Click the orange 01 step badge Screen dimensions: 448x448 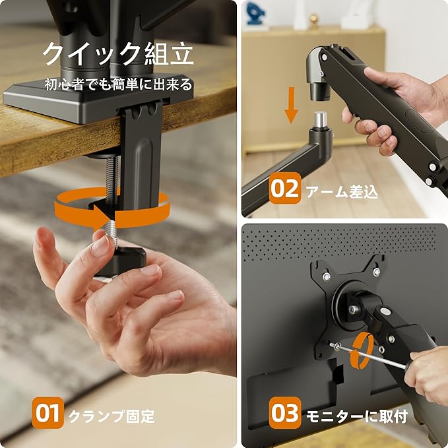[x=48, y=412]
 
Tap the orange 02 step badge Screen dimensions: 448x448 [x=285, y=188]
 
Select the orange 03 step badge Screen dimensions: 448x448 [x=285, y=412]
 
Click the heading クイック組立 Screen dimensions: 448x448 [x=118, y=53]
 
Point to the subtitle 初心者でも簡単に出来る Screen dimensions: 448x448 [x=118, y=84]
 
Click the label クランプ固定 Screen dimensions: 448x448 [x=112, y=416]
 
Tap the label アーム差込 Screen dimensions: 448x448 [x=342, y=191]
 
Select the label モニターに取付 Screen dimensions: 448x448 [x=357, y=416]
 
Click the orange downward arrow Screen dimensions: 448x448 [x=291, y=105]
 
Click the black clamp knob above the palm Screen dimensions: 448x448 [x=121, y=261]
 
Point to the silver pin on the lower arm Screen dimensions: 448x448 [x=320, y=120]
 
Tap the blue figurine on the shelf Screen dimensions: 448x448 [x=256, y=13]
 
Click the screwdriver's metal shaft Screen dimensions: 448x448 [x=369, y=356]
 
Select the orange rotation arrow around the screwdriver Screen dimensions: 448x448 [x=362, y=350]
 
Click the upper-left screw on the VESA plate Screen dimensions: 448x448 [x=327, y=276]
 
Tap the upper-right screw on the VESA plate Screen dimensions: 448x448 [x=377, y=271]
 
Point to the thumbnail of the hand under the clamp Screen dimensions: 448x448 [x=100, y=246]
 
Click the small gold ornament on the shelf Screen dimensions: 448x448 [x=313, y=19]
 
